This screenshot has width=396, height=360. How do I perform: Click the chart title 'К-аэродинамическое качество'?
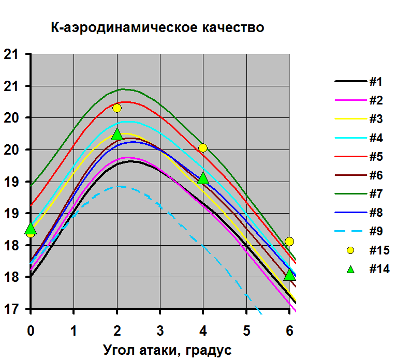(x=158, y=27)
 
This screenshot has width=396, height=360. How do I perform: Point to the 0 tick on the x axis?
(x=31, y=329)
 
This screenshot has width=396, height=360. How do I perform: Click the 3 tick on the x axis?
(x=160, y=329)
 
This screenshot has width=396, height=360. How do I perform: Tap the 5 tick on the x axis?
(x=246, y=329)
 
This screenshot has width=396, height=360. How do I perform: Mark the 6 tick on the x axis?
(x=289, y=329)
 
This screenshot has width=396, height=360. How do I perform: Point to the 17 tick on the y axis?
(x=11, y=309)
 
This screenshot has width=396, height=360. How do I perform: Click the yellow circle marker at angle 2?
(x=117, y=108)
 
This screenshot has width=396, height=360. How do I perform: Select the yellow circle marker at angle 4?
(x=203, y=148)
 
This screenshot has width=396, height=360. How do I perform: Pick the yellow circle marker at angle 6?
(x=289, y=242)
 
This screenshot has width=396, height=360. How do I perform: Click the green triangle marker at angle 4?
(x=203, y=178)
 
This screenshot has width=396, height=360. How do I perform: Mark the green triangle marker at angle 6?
(x=289, y=275)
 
